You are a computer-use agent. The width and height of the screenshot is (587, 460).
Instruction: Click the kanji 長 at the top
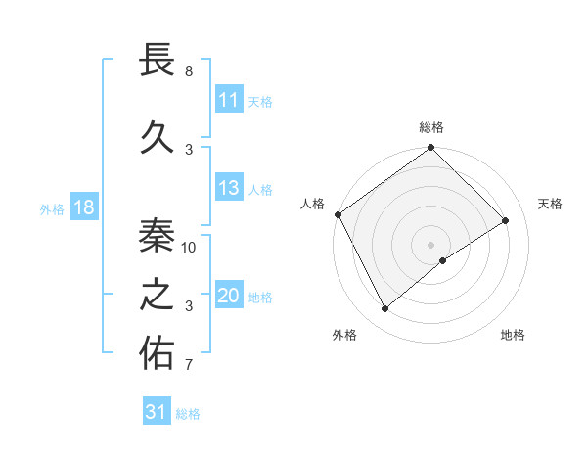click(x=157, y=61)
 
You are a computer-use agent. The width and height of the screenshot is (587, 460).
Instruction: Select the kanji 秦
click(x=157, y=233)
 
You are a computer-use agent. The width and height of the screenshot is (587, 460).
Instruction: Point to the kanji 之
click(x=157, y=294)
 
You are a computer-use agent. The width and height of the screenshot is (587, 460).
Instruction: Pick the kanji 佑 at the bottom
click(x=157, y=353)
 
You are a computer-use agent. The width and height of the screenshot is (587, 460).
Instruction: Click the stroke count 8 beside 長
click(x=188, y=71)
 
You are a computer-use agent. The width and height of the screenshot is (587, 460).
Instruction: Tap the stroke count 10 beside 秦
click(x=190, y=247)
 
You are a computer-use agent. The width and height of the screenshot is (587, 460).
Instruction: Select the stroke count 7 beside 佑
click(x=188, y=366)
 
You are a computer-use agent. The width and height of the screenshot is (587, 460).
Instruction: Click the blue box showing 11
click(x=229, y=100)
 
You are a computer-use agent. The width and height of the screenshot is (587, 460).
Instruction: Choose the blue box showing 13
click(x=229, y=188)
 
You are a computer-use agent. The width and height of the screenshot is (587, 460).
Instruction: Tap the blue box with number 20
click(x=229, y=296)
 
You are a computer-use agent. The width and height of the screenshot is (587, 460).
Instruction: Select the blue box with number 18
click(x=83, y=207)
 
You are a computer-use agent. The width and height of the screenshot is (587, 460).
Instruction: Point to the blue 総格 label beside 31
click(x=188, y=414)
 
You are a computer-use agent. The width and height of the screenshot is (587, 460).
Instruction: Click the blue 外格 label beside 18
click(x=52, y=208)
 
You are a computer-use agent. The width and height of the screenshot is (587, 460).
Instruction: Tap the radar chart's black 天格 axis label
click(x=550, y=204)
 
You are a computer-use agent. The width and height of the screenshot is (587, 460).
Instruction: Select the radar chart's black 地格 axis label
click(x=513, y=335)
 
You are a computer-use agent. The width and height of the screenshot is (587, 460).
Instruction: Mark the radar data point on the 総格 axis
click(x=430, y=149)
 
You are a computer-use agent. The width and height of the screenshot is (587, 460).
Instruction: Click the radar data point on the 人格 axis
click(x=338, y=214)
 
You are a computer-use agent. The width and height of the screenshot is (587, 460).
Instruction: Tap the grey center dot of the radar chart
click(x=430, y=244)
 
